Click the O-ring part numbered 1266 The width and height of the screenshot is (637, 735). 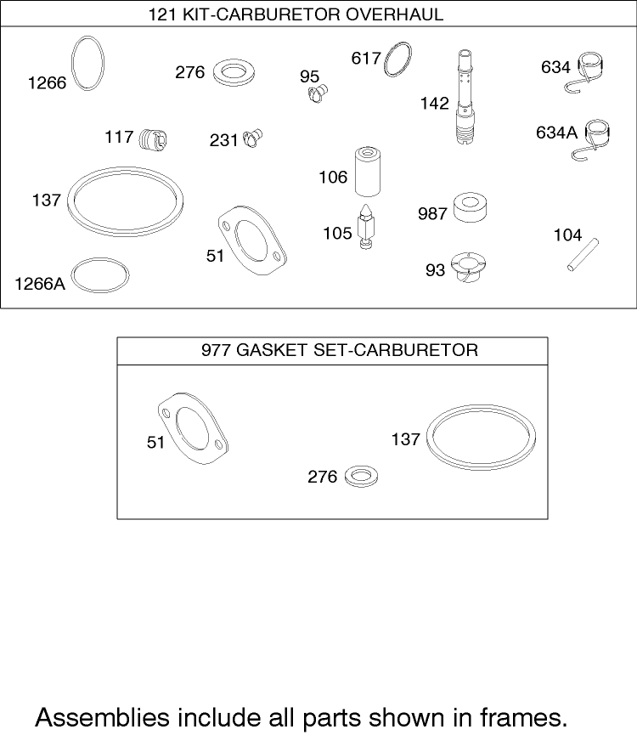72,63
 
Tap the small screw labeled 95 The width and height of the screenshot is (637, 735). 318,93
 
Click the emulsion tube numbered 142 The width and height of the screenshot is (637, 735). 465,98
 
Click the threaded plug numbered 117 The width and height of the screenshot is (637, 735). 153,139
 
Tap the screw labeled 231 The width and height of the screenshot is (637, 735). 253,139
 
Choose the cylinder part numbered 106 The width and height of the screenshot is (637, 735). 367,172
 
